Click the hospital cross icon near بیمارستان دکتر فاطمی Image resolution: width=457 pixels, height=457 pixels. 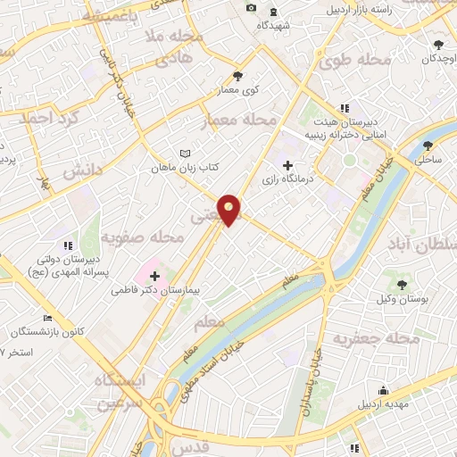coord(155,275)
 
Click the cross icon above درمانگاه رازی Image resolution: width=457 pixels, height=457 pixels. coord(287,165)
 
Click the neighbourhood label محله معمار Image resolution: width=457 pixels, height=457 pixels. coord(241,120)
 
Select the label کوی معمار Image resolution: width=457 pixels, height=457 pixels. coord(237,91)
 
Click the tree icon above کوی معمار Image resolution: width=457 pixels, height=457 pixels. coord(237,76)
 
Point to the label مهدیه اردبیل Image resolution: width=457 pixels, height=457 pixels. coord(384,404)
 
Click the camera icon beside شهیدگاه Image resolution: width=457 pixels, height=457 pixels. coord(251,9)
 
